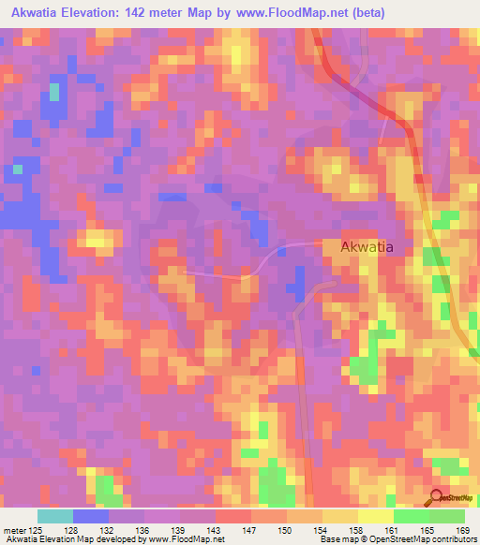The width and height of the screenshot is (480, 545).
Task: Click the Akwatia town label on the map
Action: (x=367, y=247)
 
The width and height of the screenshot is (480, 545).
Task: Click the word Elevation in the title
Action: (x=111, y=12)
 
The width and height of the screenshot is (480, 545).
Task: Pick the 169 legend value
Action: (x=463, y=530)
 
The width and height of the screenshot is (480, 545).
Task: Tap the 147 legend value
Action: (x=250, y=530)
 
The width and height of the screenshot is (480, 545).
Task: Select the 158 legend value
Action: (x=356, y=530)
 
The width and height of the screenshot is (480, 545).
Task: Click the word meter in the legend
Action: (x=14, y=530)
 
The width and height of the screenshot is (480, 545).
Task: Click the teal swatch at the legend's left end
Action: (x=55, y=516)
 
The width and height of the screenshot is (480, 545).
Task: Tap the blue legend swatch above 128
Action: (x=91, y=516)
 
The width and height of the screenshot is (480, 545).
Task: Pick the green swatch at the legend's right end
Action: (x=446, y=516)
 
